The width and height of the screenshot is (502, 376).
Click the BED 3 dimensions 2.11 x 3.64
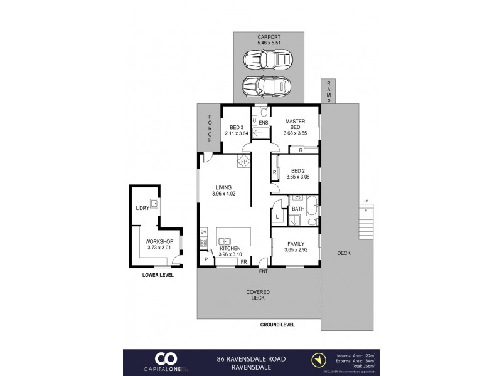[237, 133]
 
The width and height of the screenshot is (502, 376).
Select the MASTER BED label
[295, 125]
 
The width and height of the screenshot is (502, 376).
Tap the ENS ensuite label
[264, 123]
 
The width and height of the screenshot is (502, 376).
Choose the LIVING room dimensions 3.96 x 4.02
[224, 194]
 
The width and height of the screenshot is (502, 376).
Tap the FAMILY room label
[295, 243]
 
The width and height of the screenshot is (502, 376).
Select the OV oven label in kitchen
[203, 232]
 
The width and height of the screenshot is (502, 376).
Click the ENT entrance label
[264, 271]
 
